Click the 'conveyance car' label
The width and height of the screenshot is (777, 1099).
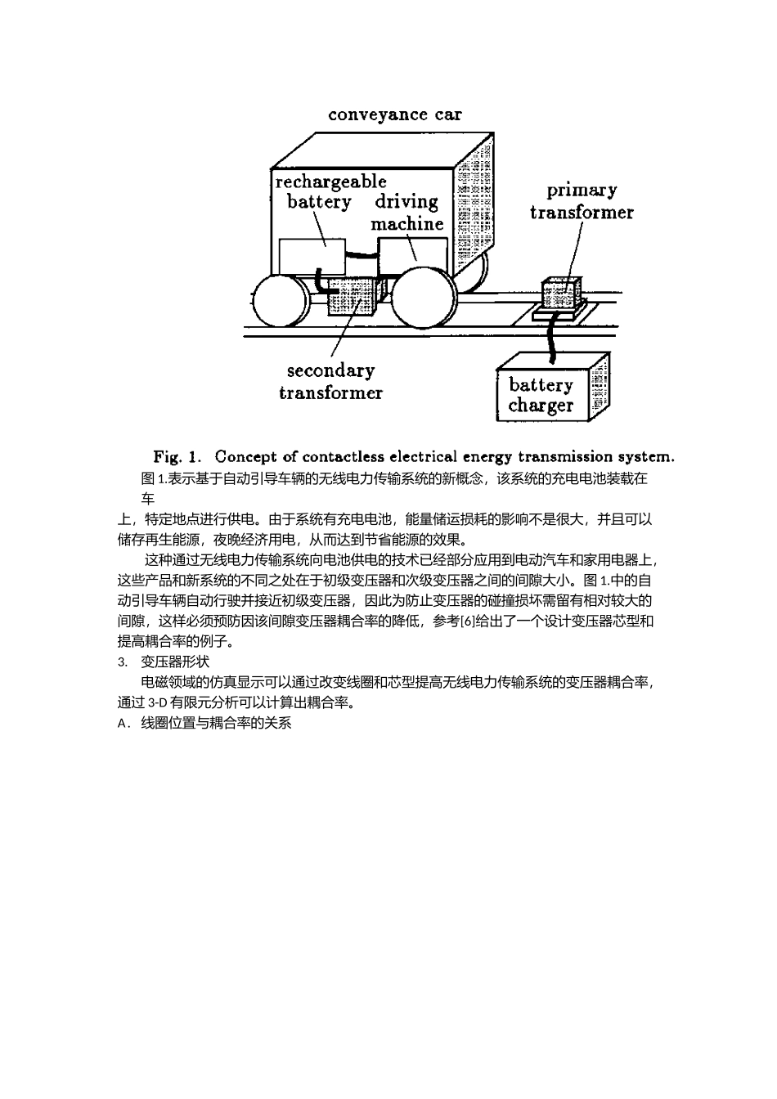pyautogui.click(x=394, y=114)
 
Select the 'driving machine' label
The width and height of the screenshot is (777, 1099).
pyautogui.click(x=406, y=212)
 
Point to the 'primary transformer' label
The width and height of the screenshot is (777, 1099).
pyautogui.click(x=581, y=201)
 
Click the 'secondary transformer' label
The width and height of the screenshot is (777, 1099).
pyautogui.click(x=330, y=381)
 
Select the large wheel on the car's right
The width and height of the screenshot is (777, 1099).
pyautogui.click(x=424, y=300)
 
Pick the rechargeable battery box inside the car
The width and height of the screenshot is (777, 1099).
pyautogui.click(x=312, y=256)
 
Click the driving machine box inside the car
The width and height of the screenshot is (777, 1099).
pyautogui.click(x=413, y=255)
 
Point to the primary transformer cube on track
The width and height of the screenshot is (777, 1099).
pyautogui.click(x=563, y=292)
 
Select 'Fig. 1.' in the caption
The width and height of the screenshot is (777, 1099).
pyautogui.click(x=177, y=456)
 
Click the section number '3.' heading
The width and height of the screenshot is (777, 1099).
pyautogui.click(x=124, y=662)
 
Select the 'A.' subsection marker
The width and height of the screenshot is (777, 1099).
pyautogui.click(x=124, y=724)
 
